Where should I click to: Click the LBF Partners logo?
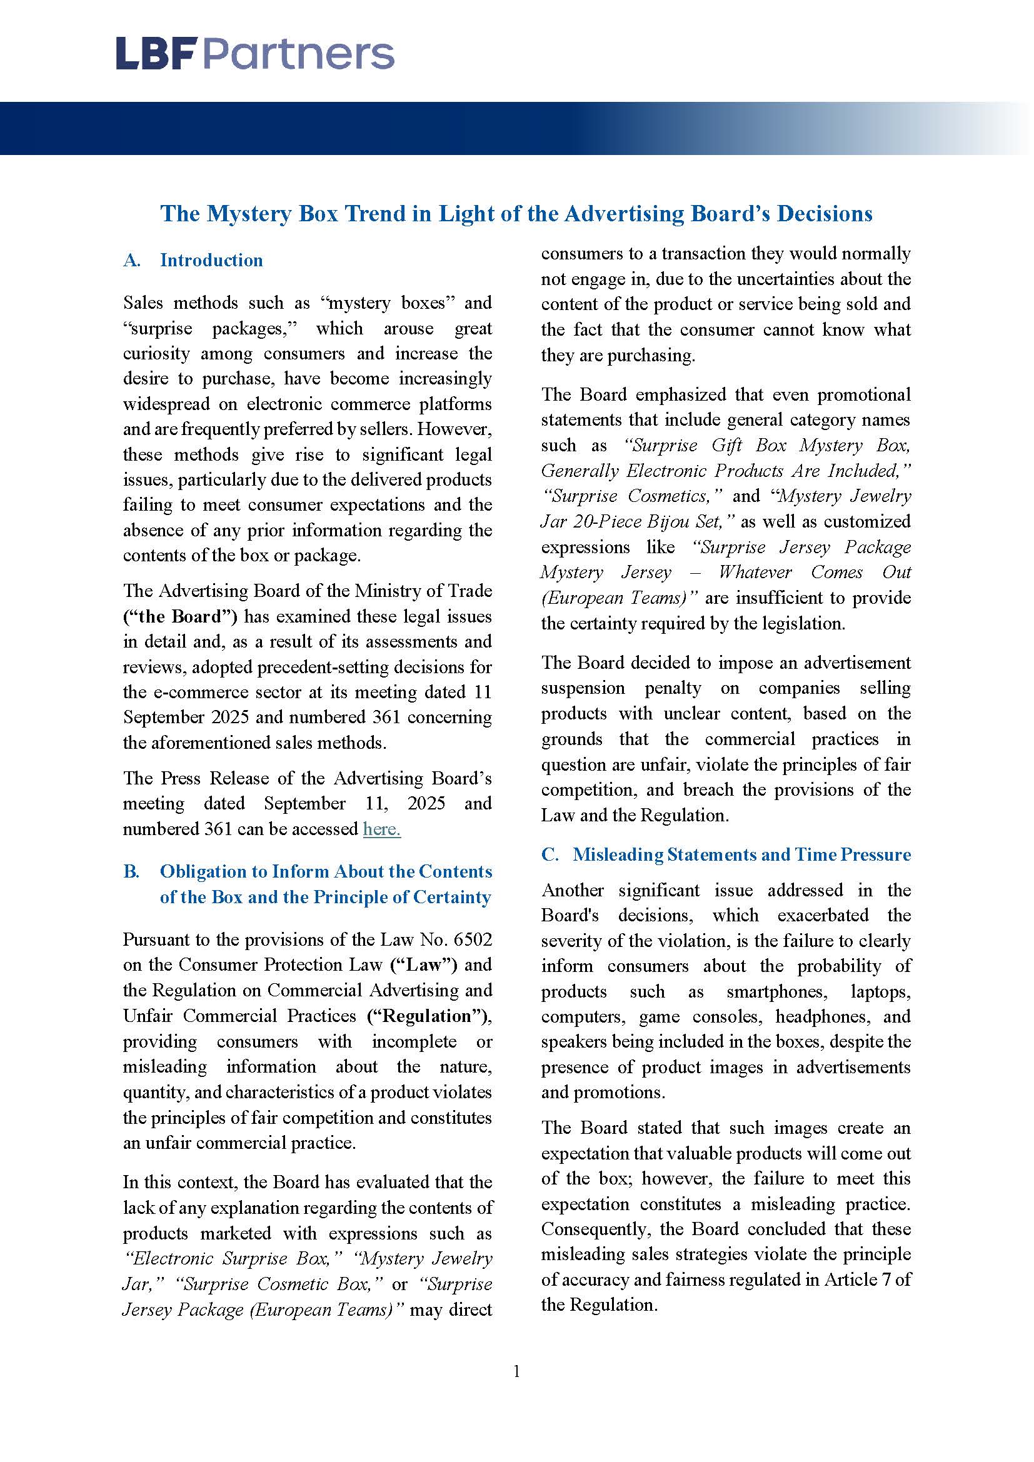pyautogui.click(x=254, y=54)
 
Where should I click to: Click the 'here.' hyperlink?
pyautogui.click(x=381, y=829)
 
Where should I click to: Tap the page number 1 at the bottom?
pyautogui.click(x=516, y=1371)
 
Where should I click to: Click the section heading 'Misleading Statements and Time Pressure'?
pyautogui.click(x=741, y=854)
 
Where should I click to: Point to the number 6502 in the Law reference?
pyautogui.click(x=473, y=940)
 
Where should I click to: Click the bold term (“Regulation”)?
pyautogui.click(x=429, y=1016)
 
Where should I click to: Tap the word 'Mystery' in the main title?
pyautogui.click(x=249, y=214)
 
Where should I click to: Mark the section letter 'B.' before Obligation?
pyautogui.click(x=131, y=872)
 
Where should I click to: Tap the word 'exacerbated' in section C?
pyautogui.click(x=823, y=915)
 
